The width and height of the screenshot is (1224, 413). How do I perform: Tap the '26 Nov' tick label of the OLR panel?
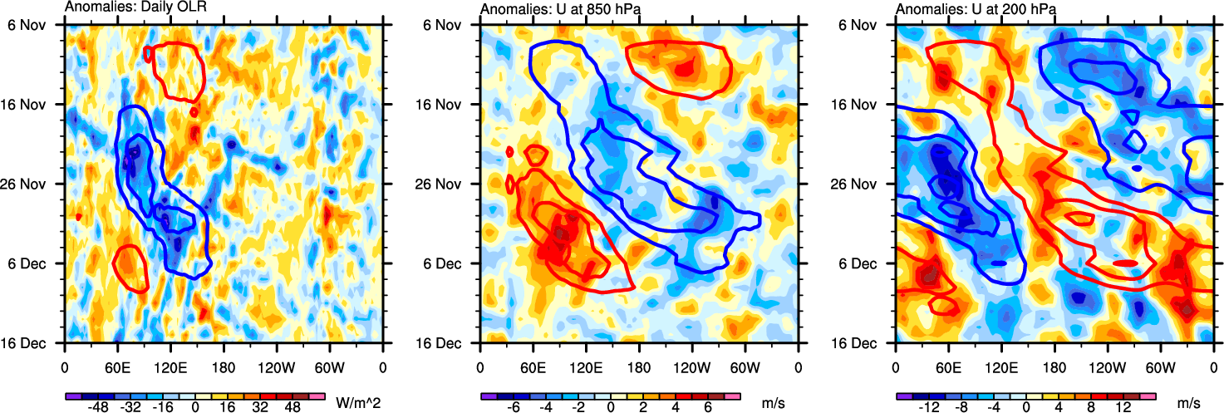coord(31,184)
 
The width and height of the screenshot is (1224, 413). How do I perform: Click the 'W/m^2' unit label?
coord(356,404)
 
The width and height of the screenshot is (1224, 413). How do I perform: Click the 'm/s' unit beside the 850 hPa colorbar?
coord(774,404)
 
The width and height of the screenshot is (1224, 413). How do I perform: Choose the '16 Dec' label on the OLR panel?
coord(31,343)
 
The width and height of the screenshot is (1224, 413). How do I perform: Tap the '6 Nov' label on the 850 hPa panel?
coord(450,25)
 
